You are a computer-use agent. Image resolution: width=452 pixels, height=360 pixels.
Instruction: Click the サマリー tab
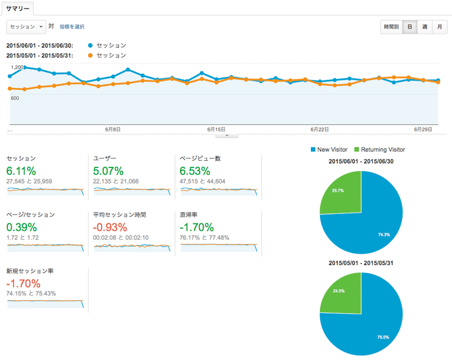point(17,9)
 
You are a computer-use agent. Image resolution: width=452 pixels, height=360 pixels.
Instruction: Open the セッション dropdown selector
point(26,27)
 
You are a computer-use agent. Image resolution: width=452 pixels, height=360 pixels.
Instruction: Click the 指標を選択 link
point(72,27)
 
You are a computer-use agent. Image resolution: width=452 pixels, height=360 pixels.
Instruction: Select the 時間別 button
point(391,27)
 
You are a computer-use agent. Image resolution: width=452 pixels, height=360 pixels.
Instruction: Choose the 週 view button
point(425,27)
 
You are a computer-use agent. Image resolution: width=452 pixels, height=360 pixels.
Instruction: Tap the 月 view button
point(439,27)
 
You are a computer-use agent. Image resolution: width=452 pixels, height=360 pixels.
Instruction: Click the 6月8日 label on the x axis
point(112,130)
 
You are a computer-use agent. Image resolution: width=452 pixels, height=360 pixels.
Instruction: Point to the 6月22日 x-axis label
point(319,130)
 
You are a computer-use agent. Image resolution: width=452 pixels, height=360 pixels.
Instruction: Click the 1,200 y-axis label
point(17,67)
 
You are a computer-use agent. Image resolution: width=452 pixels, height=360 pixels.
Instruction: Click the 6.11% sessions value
point(21,171)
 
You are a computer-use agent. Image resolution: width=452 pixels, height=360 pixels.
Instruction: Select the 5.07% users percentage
point(109,171)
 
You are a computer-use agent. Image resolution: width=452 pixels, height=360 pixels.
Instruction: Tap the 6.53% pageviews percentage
point(195,171)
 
